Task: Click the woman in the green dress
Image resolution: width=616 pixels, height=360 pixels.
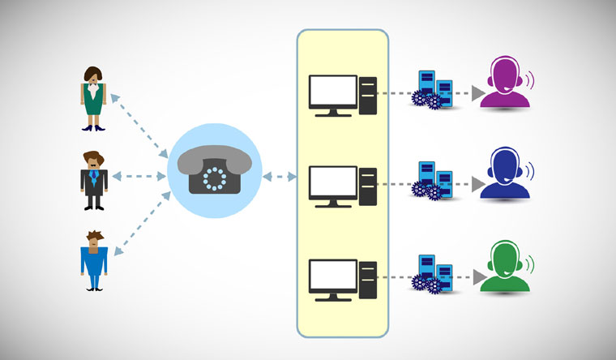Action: [x=94, y=96]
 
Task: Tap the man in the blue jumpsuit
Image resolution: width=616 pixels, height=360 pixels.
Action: [x=94, y=259]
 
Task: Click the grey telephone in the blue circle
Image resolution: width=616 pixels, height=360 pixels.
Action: [x=215, y=170]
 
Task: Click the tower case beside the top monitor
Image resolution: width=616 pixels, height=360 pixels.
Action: [x=368, y=94]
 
